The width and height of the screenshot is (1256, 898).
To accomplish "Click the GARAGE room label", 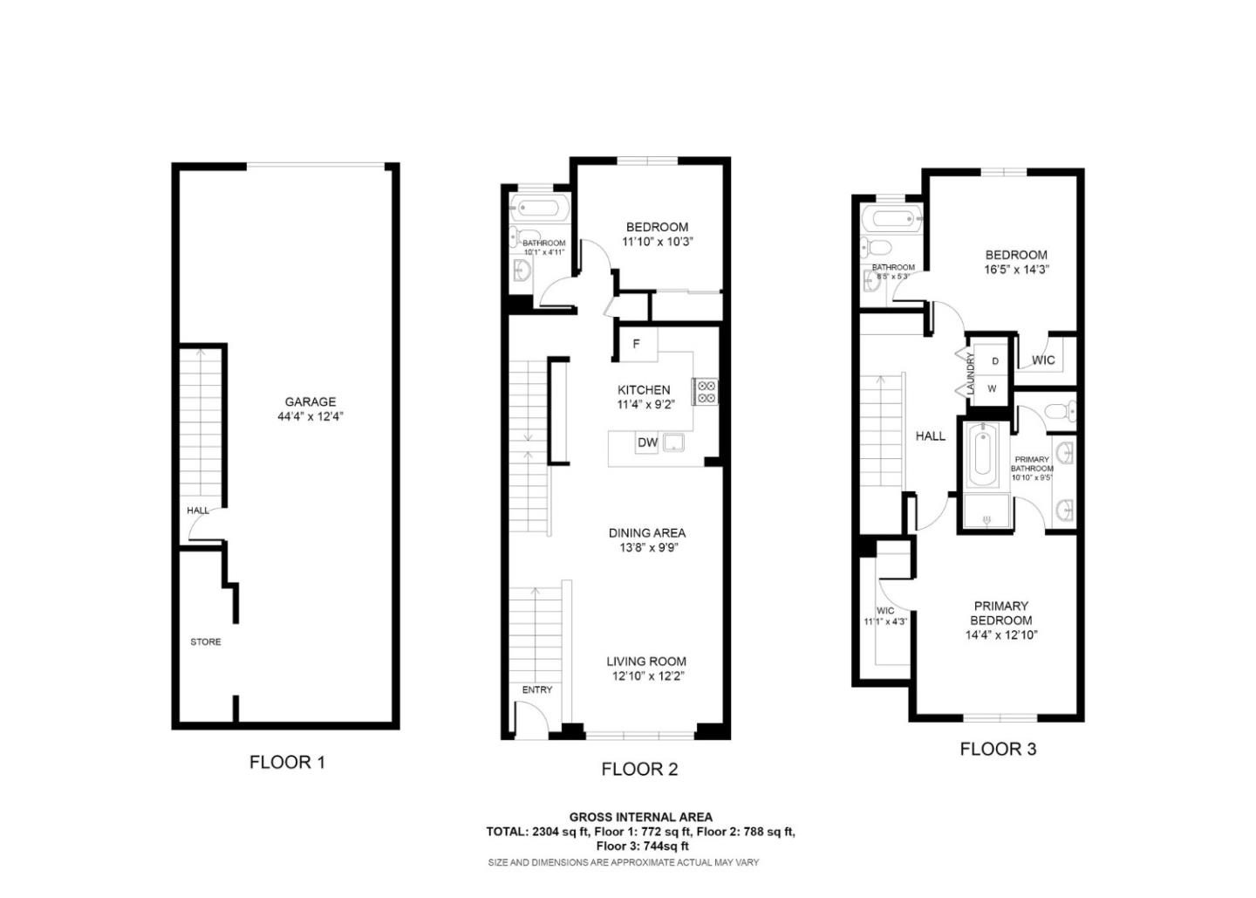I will [310, 402].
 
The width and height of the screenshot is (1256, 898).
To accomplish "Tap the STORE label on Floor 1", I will [206, 641].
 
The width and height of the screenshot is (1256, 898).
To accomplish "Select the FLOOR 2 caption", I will [639, 769].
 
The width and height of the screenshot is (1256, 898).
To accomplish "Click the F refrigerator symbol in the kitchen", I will [636, 344].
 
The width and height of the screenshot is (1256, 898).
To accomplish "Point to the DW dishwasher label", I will [647, 442].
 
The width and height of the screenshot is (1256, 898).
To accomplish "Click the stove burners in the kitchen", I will [706, 392].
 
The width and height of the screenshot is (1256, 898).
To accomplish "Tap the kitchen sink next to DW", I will [674, 442].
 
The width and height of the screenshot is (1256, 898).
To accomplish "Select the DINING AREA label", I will [646, 532].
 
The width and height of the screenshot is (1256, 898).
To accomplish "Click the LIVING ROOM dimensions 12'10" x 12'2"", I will [646, 675].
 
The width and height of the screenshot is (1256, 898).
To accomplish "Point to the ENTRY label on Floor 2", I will [537, 689].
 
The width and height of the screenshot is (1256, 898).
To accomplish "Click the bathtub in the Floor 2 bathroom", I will [539, 208].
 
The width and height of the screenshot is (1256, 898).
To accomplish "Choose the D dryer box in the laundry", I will [995, 361].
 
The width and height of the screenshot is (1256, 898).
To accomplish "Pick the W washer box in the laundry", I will [992, 388].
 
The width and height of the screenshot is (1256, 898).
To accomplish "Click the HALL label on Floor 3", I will [930, 435].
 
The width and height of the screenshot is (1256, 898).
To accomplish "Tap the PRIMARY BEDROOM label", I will [1000, 613].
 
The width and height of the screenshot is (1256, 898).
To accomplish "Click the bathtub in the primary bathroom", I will [983, 454].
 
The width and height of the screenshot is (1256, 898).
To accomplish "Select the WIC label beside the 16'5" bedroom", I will [1043, 360].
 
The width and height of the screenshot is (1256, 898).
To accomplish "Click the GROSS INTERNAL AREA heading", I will [640, 817].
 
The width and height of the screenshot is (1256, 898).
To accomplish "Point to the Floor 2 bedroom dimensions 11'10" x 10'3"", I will [657, 242].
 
